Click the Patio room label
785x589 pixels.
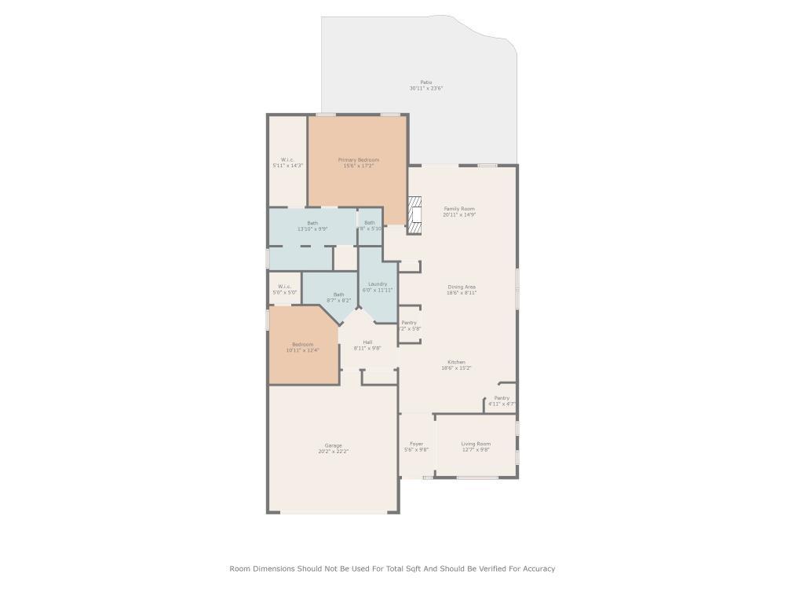click(x=425, y=85)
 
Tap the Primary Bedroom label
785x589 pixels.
click(x=358, y=163)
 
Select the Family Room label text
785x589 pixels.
click(x=459, y=211)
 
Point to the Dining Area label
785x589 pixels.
click(x=462, y=290)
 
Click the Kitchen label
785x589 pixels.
click(x=456, y=365)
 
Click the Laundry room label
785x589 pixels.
click(x=377, y=287)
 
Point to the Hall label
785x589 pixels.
click(x=367, y=345)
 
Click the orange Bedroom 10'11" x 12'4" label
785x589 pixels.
click(x=302, y=347)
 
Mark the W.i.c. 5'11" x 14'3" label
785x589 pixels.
click(x=287, y=163)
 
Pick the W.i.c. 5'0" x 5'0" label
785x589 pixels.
click(x=284, y=289)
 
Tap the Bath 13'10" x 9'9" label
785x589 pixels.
click(x=312, y=225)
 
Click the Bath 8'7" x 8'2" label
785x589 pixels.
click(x=338, y=297)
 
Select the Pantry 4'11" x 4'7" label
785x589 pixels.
click(x=502, y=401)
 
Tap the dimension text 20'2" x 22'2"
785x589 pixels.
click(x=333, y=452)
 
